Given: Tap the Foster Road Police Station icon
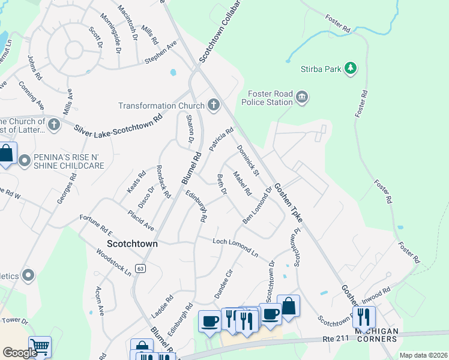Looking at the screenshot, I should pos(302,97).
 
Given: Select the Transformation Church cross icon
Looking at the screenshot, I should pos(212,106).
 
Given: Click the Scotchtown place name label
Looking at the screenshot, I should pos(132,244).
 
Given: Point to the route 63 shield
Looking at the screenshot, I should pos(140,268).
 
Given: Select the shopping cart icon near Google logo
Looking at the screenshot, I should pos(40,346).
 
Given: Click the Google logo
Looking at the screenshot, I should pos(20,352).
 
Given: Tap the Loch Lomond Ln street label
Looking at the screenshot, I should pos(236,247).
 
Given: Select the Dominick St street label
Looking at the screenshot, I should pos(247,161).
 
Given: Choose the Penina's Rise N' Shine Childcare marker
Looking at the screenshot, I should pos(25,160).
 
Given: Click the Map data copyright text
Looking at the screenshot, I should pos(423,355).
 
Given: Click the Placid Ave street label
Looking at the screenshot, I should pos(140,220).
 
